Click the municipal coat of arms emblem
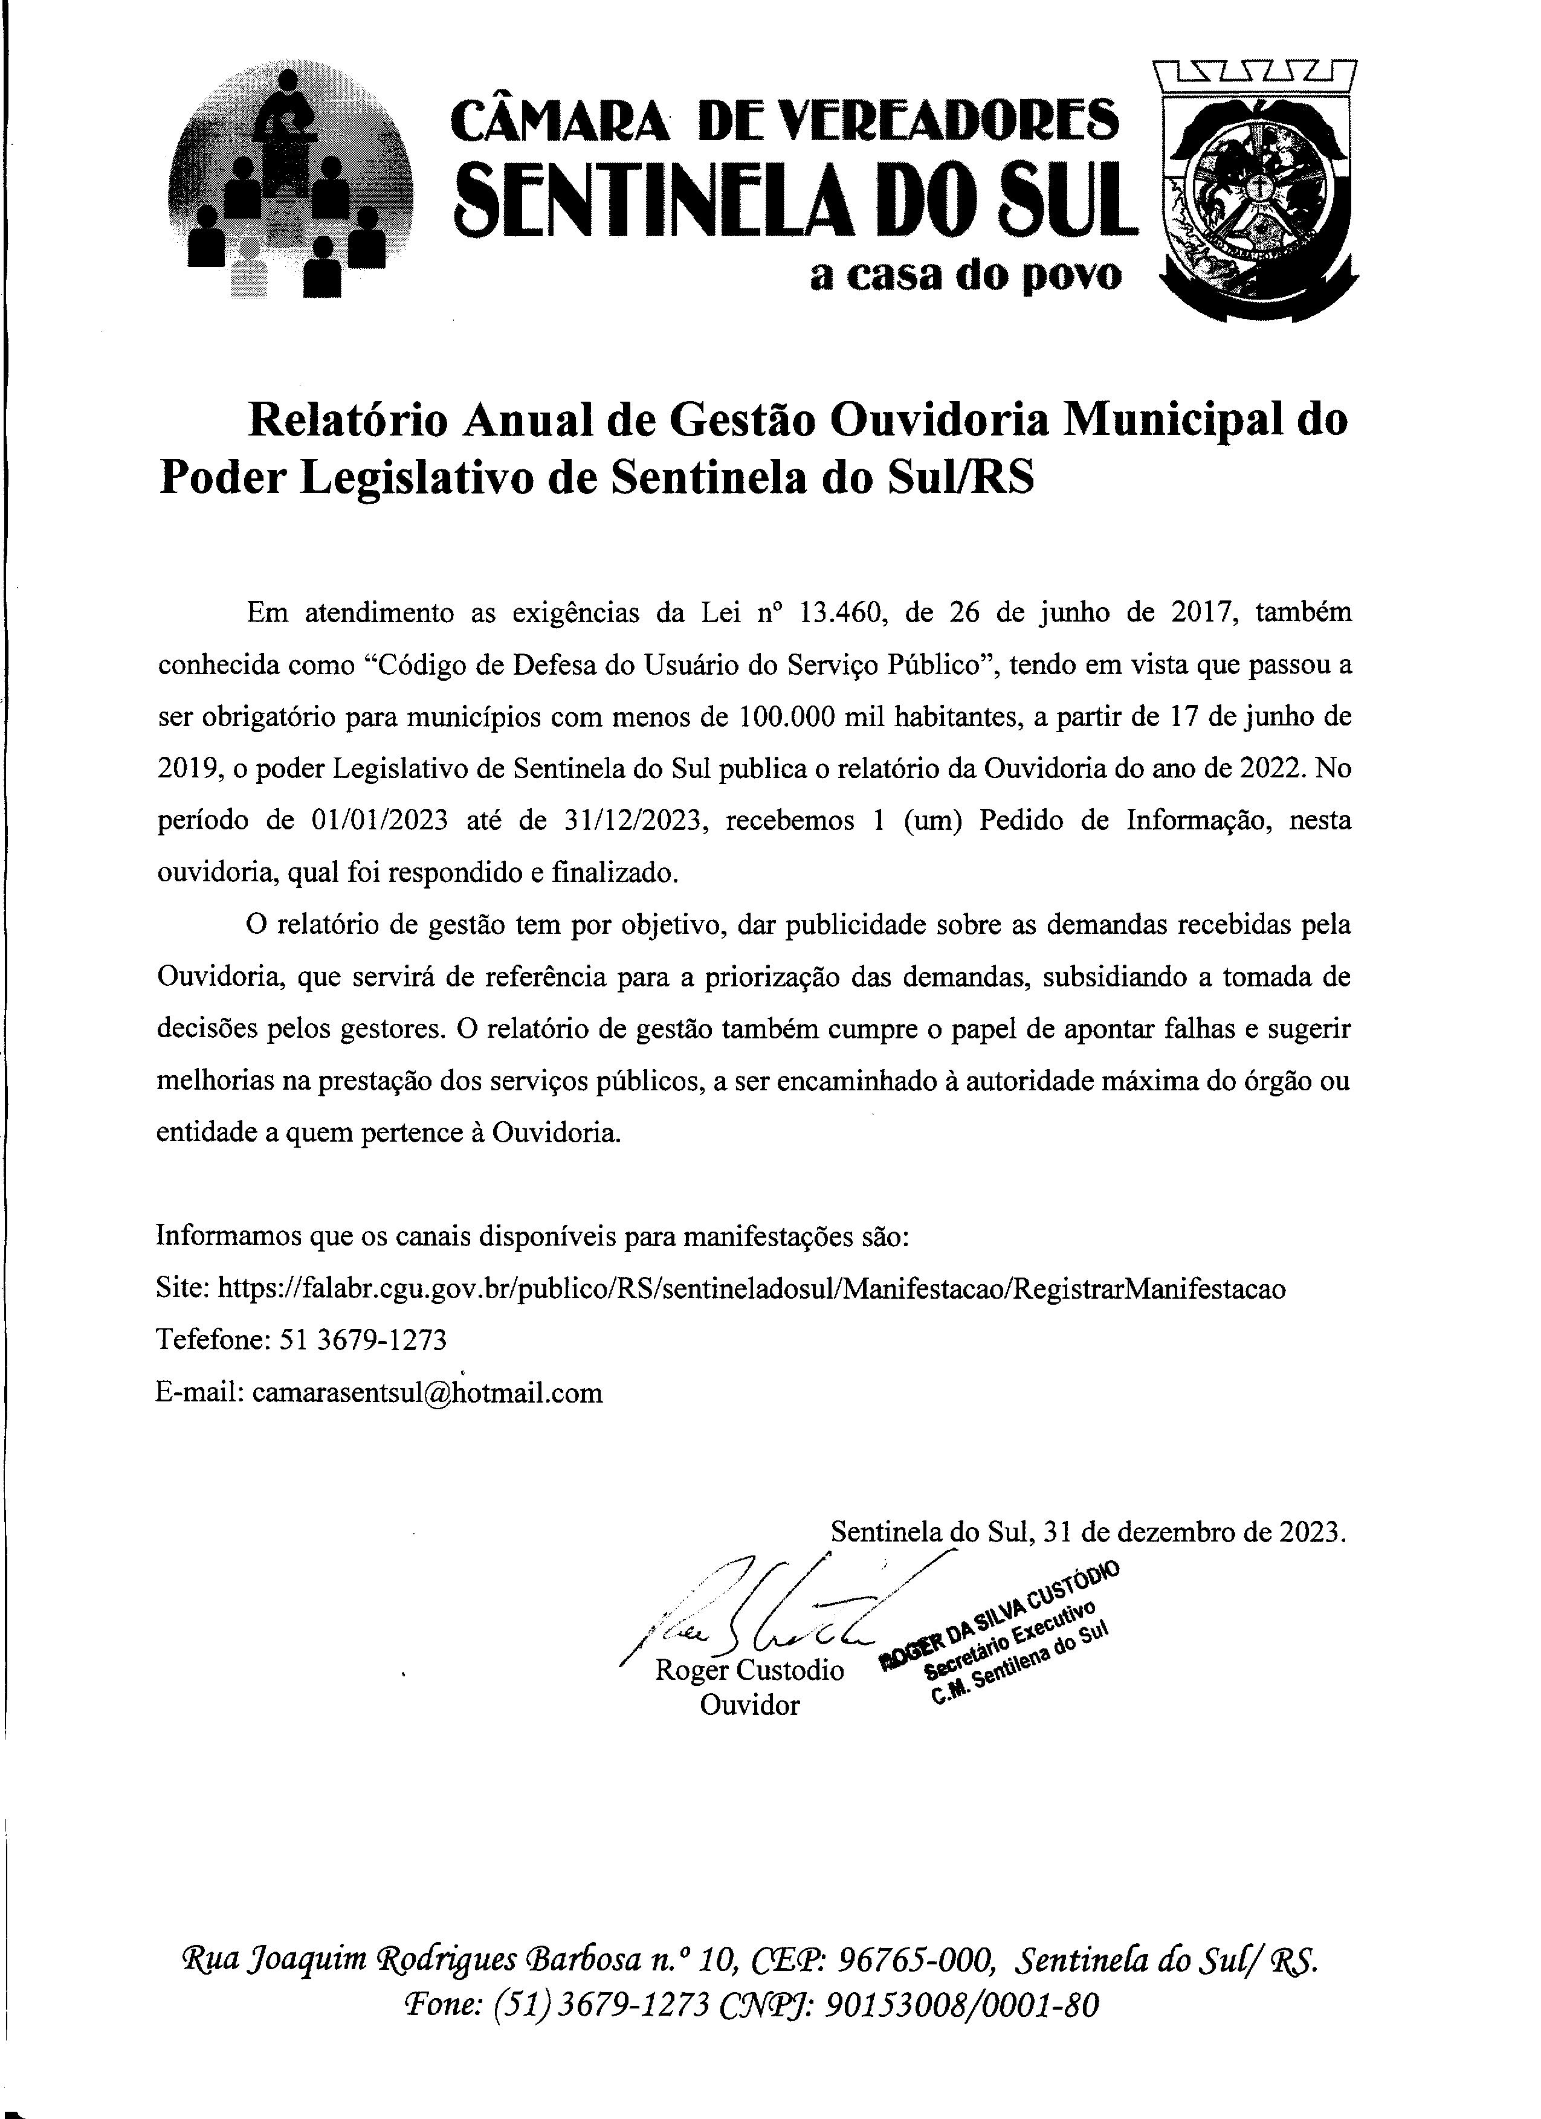(1258, 191)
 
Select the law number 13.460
(838, 613)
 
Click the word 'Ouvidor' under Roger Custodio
(749, 1705)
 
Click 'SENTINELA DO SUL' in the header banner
(796, 196)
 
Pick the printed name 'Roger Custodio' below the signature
(749, 1670)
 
